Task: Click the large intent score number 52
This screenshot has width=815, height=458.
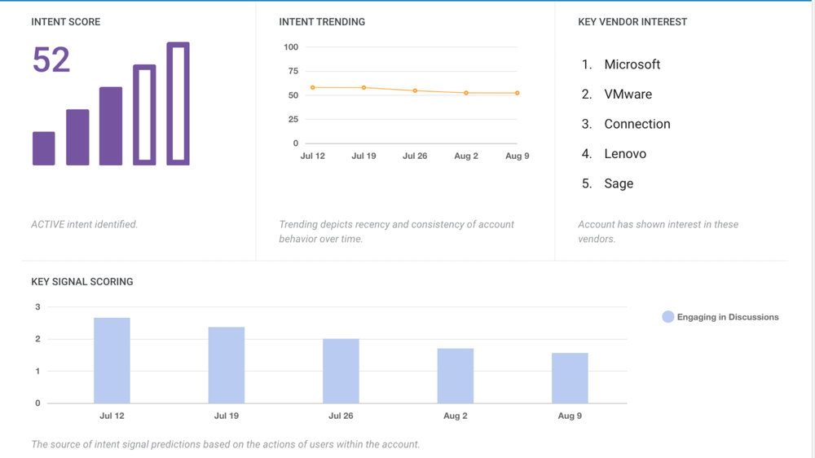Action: [51, 60]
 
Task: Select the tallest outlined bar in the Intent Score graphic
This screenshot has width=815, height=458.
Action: [178, 103]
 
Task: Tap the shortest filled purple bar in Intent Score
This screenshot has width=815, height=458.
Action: [44, 148]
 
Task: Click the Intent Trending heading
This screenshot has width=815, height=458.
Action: [322, 22]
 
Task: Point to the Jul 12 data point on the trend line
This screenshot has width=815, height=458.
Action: [313, 88]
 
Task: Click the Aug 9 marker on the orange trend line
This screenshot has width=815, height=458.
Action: [518, 93]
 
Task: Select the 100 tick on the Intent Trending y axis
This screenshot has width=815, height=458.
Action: [291, 47]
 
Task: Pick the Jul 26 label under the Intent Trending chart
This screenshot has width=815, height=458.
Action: [415, 156]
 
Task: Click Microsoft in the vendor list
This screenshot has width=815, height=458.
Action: [632, 64]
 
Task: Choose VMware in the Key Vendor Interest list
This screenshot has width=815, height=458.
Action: [628, 95]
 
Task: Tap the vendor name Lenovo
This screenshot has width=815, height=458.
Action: [625, 154]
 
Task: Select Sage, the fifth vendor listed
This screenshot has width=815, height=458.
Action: [619, 183]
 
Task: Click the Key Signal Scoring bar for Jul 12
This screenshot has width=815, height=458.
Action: [112, 360]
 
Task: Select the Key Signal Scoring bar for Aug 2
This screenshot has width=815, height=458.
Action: [456, 376]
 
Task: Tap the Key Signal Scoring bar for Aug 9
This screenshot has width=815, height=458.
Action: [570, 378]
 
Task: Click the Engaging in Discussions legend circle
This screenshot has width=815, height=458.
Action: [668, 317]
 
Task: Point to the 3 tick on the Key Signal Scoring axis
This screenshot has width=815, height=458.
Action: [37, 307]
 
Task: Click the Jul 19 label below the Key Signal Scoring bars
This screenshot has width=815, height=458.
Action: [226, 416]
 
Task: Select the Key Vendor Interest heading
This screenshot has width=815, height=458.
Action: [632, 22]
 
